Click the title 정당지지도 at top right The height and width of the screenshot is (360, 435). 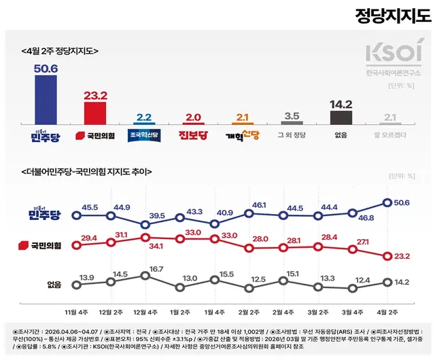coord(393,16)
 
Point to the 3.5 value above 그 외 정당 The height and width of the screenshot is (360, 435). coord(292,116)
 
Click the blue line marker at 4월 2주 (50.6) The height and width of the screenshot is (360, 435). coord(387,202)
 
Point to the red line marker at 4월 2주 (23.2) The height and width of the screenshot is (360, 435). coord(387,256)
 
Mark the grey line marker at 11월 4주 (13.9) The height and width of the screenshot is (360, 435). coord(74,286)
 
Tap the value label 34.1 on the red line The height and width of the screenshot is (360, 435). coord(143,245)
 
